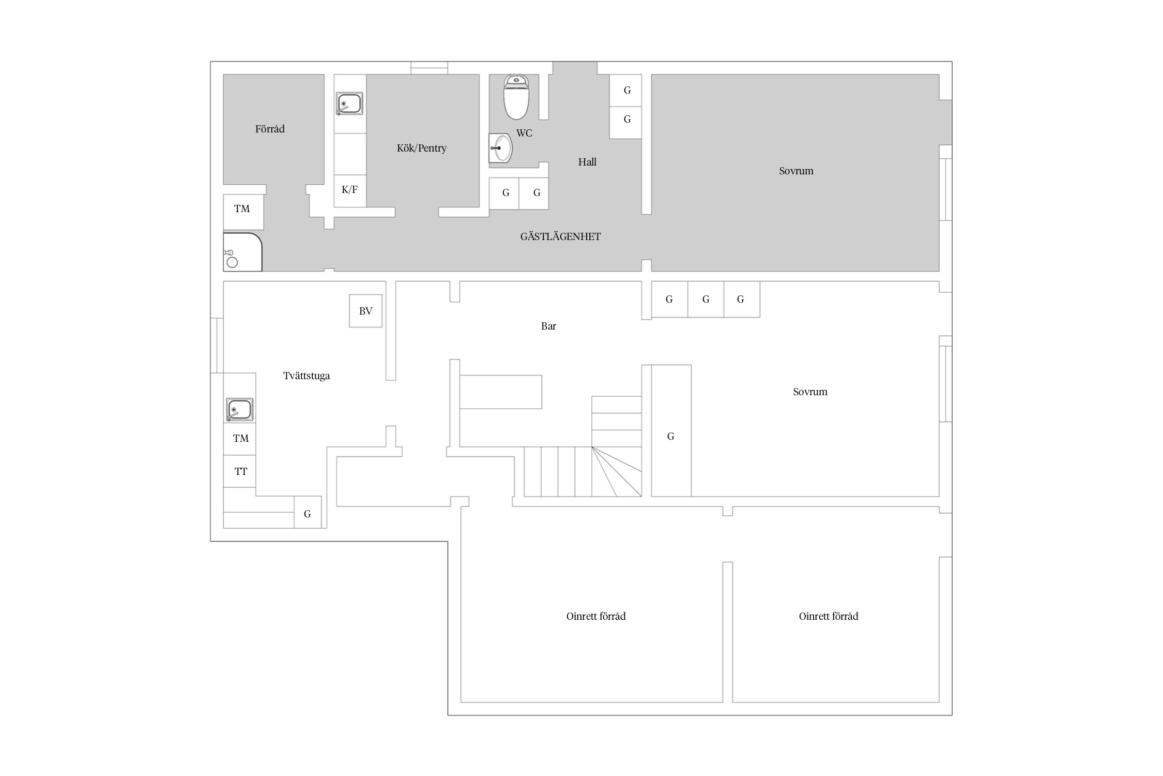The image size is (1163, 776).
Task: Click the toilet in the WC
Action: pyautogui.click(x=516, y=97)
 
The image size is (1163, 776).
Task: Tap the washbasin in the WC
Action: pyautogui.click(x=500, y=148)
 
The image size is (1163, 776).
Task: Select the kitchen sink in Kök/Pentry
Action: pyautogui.click(x=349, y=103)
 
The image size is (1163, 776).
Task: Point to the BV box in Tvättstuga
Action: pyautogui.click(x=365, y=311)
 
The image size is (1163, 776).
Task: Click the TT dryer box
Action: pyautogui.click(x=240, y=471)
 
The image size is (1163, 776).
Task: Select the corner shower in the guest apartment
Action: pyautogui.click(x=242, y=252)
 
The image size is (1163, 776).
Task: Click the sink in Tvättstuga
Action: pyautogui.click(x=240, y=410)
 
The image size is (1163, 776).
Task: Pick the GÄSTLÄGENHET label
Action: pyautogui.click(x=560, y=237)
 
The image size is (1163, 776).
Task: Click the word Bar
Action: pyautogui.click(x=548, y=326)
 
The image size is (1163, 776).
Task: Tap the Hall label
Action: pyautogui.click(x=587, y=162)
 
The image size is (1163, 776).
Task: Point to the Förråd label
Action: pyautogui.click(x=270, y=129)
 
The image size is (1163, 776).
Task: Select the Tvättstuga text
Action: pyautogui.click(x=307, y=376)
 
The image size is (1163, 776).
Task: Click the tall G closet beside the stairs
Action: pyautogui.click(x=671, y=430)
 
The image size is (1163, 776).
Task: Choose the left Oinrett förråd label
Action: pyautogui.click(x=596, y=616)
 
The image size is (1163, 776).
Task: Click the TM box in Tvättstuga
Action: pyautogui.click(x=240, y=439)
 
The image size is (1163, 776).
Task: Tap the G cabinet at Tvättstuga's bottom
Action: pyautogui.click(x=308, y=512)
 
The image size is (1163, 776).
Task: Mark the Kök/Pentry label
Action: pyautogui.click(x=422, y=148)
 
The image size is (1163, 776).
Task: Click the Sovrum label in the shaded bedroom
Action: pyautogui.click(x=796, y=171)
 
